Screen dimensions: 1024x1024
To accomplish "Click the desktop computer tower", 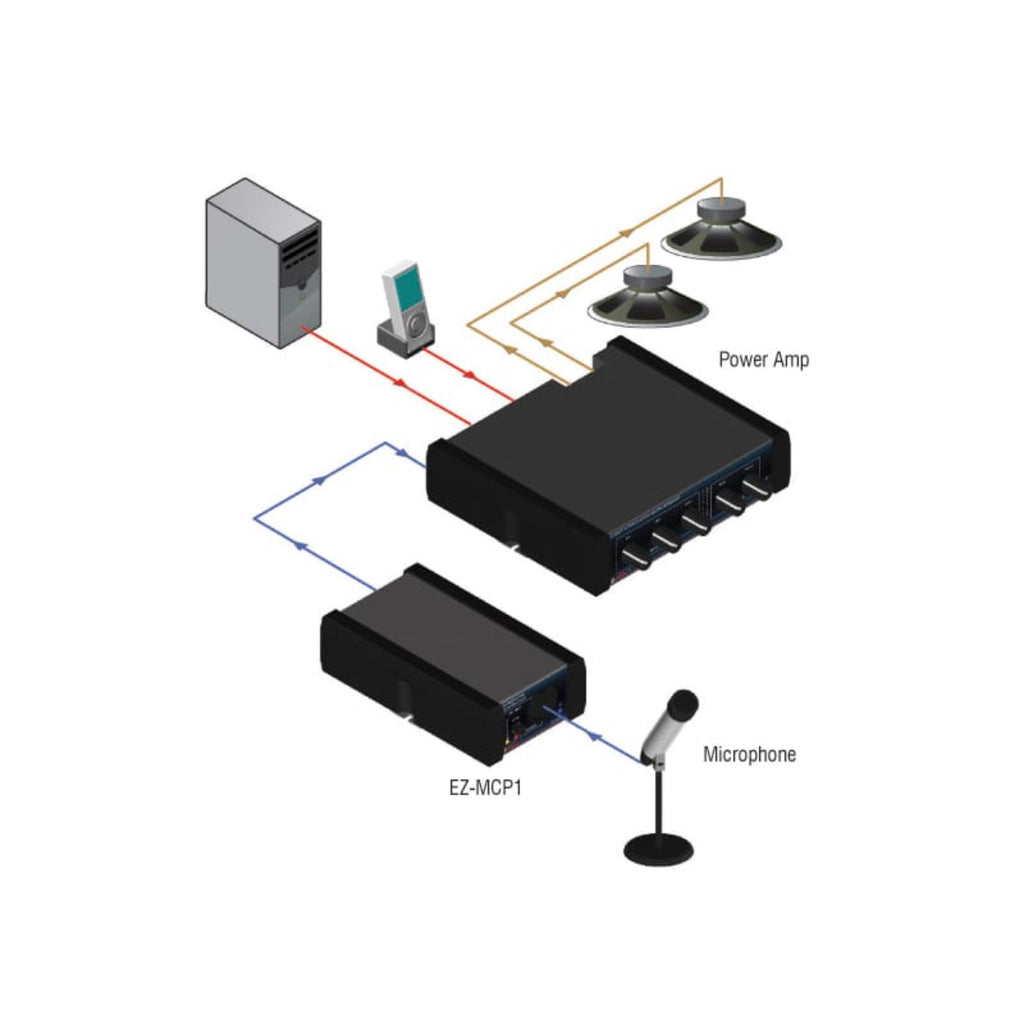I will pos(262,262).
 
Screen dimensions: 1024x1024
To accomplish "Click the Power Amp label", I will pos(763,360).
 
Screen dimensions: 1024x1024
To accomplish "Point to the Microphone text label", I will pos(749,754).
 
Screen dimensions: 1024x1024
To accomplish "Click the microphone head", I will pos(683,703).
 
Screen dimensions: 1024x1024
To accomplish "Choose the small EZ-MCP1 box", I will pos(450,660).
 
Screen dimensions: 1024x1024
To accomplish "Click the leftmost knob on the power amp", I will pos(633,557).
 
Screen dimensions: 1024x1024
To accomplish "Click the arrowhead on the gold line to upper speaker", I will pos(627,230).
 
